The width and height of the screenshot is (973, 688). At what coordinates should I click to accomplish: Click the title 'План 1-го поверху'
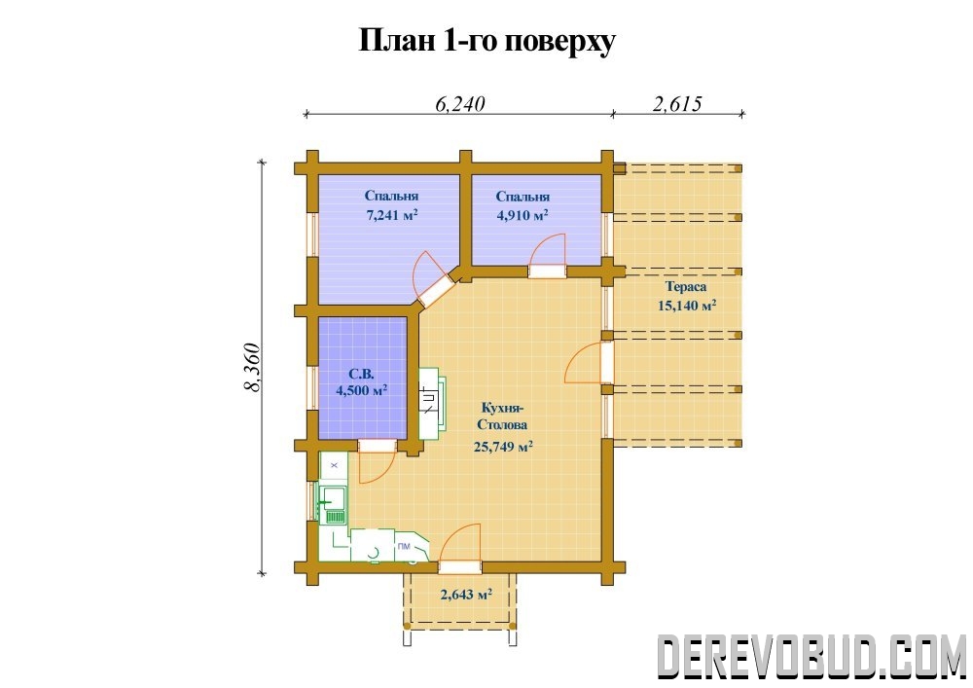pos(487,42)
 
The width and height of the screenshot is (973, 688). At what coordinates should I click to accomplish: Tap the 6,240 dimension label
pos(459,103)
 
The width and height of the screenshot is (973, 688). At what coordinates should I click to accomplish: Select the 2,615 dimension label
pos(677,103)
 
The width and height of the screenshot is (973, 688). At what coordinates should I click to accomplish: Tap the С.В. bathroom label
pos(361,374)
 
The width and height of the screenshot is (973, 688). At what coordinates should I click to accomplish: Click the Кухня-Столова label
pos(502,416)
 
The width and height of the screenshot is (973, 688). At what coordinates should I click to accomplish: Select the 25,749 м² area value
pos(503,447)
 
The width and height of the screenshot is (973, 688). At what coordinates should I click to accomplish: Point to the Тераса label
pos(686,287)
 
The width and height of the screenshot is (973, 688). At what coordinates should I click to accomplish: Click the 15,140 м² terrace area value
pos(687,306)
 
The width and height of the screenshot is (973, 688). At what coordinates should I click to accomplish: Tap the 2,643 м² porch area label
pos(466,595)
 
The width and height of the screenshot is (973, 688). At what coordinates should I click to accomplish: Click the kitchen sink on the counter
pos(333,505)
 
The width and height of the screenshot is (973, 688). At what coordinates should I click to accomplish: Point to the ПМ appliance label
pos(404,546)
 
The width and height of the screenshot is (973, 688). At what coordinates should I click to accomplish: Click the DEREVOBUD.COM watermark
pos(812,656)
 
